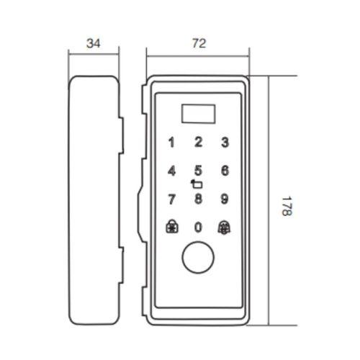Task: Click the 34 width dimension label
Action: point(94,43)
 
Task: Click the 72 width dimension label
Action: point(199,43)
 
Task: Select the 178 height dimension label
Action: point(287,206)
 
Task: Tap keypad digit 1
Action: point(171,143)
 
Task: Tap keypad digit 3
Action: point(225,142)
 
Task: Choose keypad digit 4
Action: point(171,171)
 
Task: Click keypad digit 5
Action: point(198,171)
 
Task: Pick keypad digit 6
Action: point(225,171)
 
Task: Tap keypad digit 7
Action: point(171,199)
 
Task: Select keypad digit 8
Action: point(198,199)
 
